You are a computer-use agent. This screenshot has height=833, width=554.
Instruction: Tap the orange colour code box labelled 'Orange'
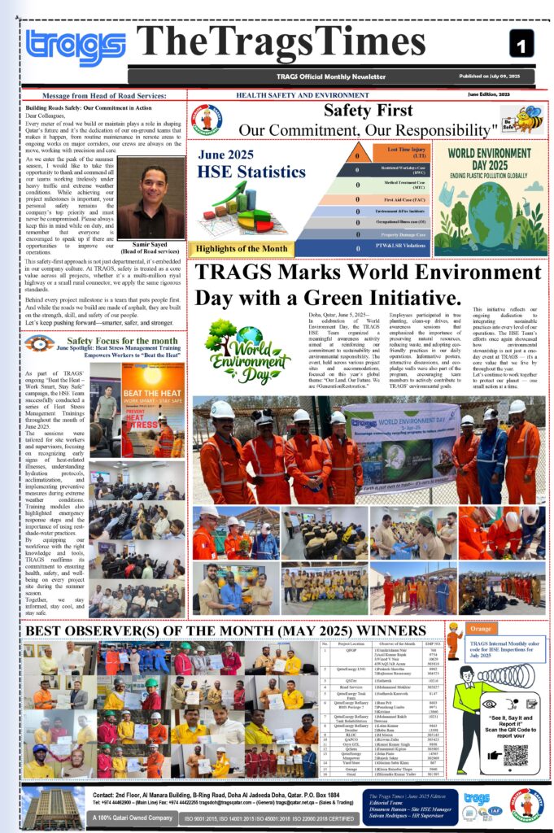point(481,629)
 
